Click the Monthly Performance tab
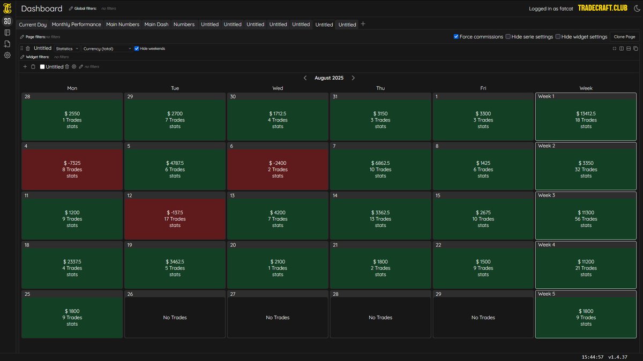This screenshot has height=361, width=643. [76, 25]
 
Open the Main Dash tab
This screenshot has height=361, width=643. [156, 25]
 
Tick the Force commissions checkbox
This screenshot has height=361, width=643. [456, 37]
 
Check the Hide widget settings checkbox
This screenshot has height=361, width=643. [558, 37]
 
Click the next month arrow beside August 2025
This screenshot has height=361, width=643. [353, 78]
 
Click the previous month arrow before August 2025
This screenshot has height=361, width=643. [305, 78]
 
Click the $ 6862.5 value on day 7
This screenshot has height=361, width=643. [380, 163]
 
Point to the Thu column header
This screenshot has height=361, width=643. [380, 88]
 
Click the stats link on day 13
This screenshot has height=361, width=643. [278, 225]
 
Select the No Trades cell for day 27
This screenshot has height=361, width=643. [278, 318]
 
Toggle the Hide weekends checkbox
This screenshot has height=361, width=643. [137, 49]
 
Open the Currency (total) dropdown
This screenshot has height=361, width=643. [107, 49]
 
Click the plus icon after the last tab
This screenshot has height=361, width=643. [363, 24]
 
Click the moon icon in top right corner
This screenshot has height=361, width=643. [637, 9]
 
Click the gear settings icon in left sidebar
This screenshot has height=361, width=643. [8, 55]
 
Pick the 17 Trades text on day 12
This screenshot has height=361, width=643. [175, 219]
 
